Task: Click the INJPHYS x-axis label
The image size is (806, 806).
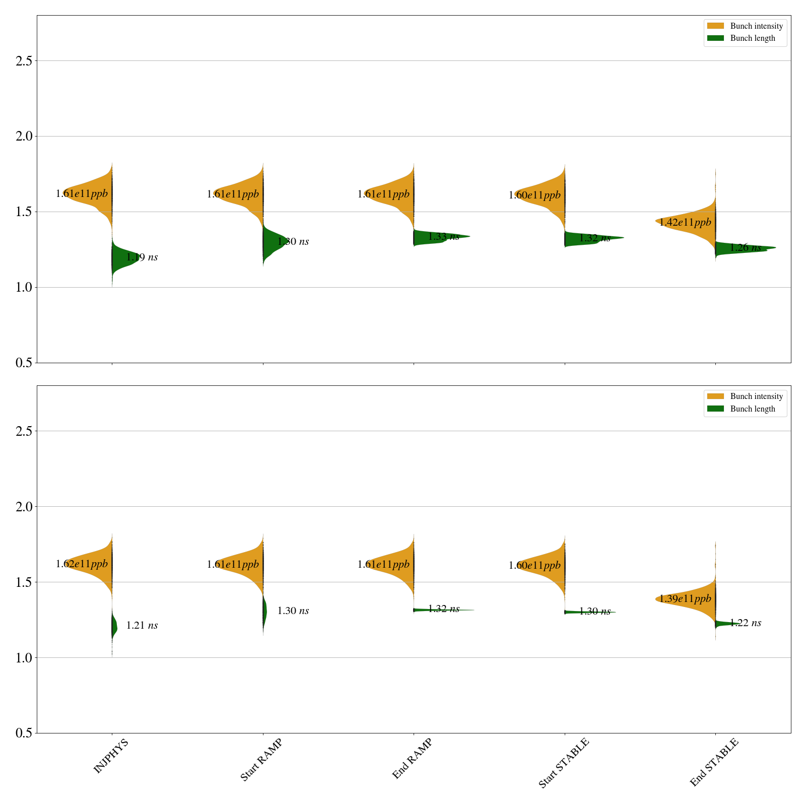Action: (x=111, y=756)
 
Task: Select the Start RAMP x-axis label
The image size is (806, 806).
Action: (x=261, y=760)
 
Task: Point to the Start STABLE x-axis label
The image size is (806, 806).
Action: (x=563, y=763)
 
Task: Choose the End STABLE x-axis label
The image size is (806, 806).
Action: (x=714, y=762)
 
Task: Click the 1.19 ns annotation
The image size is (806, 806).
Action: (x=142, y=257)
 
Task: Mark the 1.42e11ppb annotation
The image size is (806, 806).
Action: (x=685, y=222)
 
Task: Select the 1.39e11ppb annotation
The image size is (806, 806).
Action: (x=685, y=598)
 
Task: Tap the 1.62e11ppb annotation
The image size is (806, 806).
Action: (x=82, y=564)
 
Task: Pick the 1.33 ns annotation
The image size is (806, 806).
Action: (x=443, y=237)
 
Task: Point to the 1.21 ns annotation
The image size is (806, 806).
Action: (x=142, y=625)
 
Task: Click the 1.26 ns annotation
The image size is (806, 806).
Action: (x=745, y=247)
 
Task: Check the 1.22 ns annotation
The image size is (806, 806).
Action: (x=745, y=623)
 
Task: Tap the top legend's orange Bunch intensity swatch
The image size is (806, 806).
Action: (x=715, y=26)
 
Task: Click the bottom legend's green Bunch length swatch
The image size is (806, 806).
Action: (x=715, y=409)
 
